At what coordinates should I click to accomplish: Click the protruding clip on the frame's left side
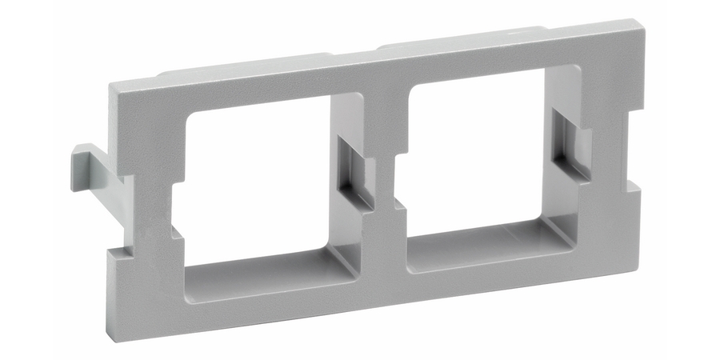click(x=90, y=164)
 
